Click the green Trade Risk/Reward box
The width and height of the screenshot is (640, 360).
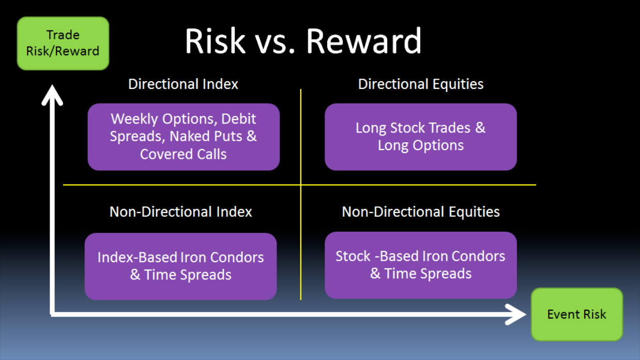click(x=63, y=43)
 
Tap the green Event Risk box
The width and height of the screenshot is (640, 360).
click(x=576, y=314)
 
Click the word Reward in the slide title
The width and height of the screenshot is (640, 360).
click(x=364, y=40)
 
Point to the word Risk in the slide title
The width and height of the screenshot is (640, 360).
click(x=215, y=40)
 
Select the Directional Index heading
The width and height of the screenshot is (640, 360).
click(x=183, y=84)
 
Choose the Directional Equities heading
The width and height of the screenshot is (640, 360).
click(x=421, y=84)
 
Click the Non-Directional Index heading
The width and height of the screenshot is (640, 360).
click(x=180, y=212)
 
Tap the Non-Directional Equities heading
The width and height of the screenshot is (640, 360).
click(x=421, y=212)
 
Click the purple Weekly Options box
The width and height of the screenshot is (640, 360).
click(x=184, y=137)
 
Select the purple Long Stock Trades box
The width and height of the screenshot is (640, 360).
click(x=421, y=137)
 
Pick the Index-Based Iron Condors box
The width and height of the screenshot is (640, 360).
click(x=180, y=266)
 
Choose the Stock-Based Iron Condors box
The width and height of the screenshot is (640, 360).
click(x=421, y=265)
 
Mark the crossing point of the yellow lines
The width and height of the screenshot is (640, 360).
click(x=300, y=185)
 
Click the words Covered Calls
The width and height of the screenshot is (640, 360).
click(x=183, y=154)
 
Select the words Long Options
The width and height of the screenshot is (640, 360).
click(x=421, y=145)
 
